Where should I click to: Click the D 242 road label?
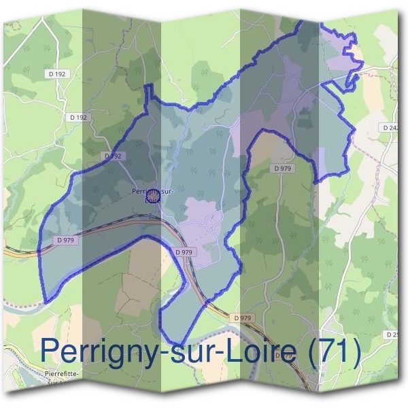[390, 127]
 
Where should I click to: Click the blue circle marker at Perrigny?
[152, 197]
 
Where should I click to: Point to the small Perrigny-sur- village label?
[153, 192]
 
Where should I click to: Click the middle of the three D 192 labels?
[80, 118]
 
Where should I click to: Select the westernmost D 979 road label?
[67, 240]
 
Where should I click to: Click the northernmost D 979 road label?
[282, 168]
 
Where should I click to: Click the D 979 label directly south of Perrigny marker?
[184, 252]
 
